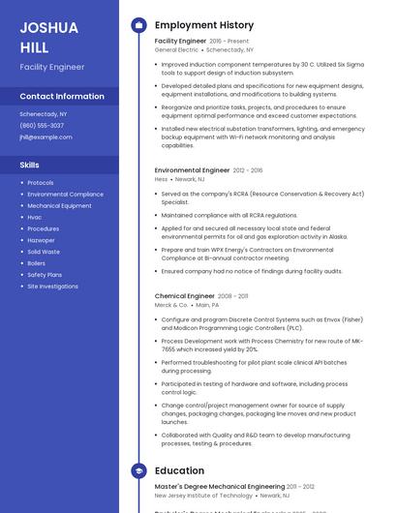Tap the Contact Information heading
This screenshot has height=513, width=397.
[x=62, y=97]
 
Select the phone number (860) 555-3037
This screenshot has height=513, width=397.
[x=42, y=126]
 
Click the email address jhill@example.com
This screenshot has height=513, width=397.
[x=46, y=137]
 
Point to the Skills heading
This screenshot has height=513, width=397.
[x=30, y=166]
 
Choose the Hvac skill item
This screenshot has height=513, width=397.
[x=35, y=218]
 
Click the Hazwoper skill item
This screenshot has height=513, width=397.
[x=42, y=240]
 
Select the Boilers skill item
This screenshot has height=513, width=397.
[x=37, y=263]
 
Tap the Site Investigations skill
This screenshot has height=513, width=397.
[x=53, y=287]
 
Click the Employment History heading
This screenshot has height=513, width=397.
[x=204, y=25]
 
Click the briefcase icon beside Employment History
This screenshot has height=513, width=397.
[x=137, y=25]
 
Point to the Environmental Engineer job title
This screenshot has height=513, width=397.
[x=193, y=170]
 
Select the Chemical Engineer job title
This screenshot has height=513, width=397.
[x=185, y=296]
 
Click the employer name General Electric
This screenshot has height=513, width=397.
[x=176, y=49]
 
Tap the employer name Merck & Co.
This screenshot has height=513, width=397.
[x=171, y=305]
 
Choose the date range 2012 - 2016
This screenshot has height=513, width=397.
[x=248, y=170]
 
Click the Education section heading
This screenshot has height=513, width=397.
[x=179, y=471]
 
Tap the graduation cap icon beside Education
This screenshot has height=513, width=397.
[x=137, y=471]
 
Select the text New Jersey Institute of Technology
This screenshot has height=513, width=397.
[x=203, y=495]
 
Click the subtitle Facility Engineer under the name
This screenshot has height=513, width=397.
[x=52, y=67]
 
